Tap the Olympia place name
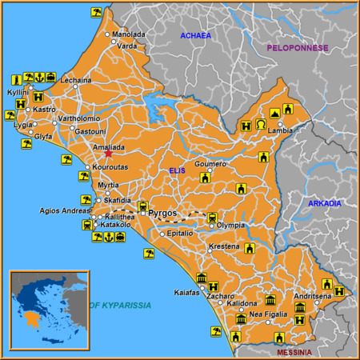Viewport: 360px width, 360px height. [x=230, y=226]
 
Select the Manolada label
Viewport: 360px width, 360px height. [x=128, y=34]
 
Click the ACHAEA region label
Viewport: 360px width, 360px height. [x=195, y=36]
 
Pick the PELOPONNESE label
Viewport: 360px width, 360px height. [x=298, y=48]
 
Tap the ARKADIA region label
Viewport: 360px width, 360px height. [x=325, y=203]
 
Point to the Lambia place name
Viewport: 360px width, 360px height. [x=280, y=130]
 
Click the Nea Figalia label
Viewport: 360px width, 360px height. [x=267, y=314]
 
